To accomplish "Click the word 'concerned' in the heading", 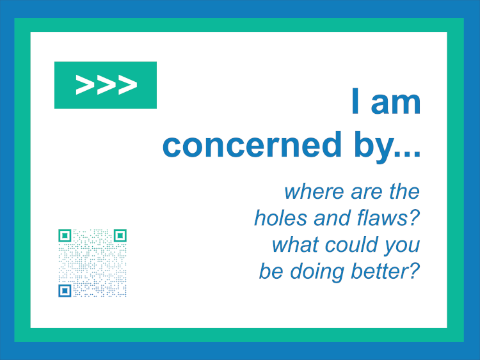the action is (252, 145).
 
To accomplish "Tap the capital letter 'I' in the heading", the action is (355, 101).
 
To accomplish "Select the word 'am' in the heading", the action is (396, 104).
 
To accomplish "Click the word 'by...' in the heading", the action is (387, 147).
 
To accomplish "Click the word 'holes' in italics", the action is (280, 218).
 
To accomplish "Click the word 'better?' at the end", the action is (385, 271).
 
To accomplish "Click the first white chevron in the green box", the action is (84, 84).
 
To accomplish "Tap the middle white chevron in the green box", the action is (106, 84).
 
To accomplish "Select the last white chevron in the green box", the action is (127, 84).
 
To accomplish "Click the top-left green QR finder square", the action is (65, 235).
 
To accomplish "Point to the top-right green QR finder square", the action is (120, 235).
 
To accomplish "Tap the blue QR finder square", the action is (65, 290).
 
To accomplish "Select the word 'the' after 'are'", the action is (404, 192).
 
